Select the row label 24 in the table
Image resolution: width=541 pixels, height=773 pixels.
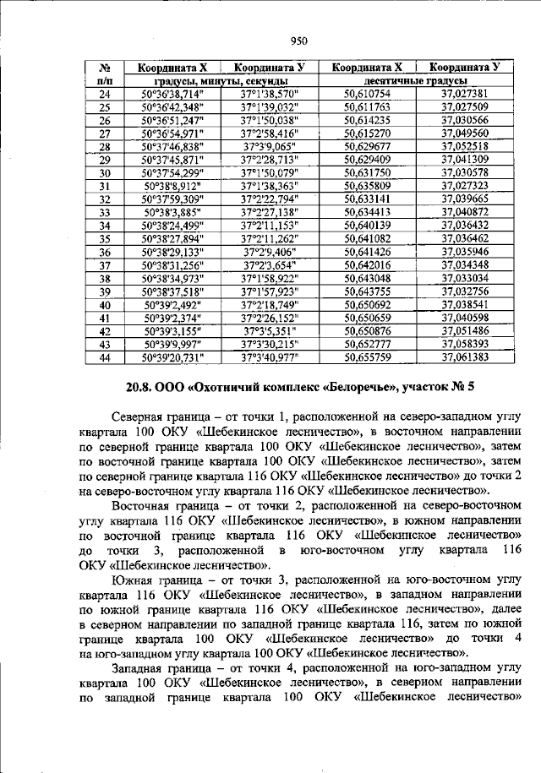point(106,94)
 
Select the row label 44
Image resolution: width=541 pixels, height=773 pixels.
point(106,357)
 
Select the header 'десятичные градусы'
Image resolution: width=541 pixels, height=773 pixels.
point(416,80)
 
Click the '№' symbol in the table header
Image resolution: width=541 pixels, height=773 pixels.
point(106,68)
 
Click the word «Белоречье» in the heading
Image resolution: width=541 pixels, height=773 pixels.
point(367,389)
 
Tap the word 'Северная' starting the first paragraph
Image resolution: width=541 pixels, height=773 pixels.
point(141,416)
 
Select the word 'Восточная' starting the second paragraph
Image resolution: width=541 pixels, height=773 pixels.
point(145,505)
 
